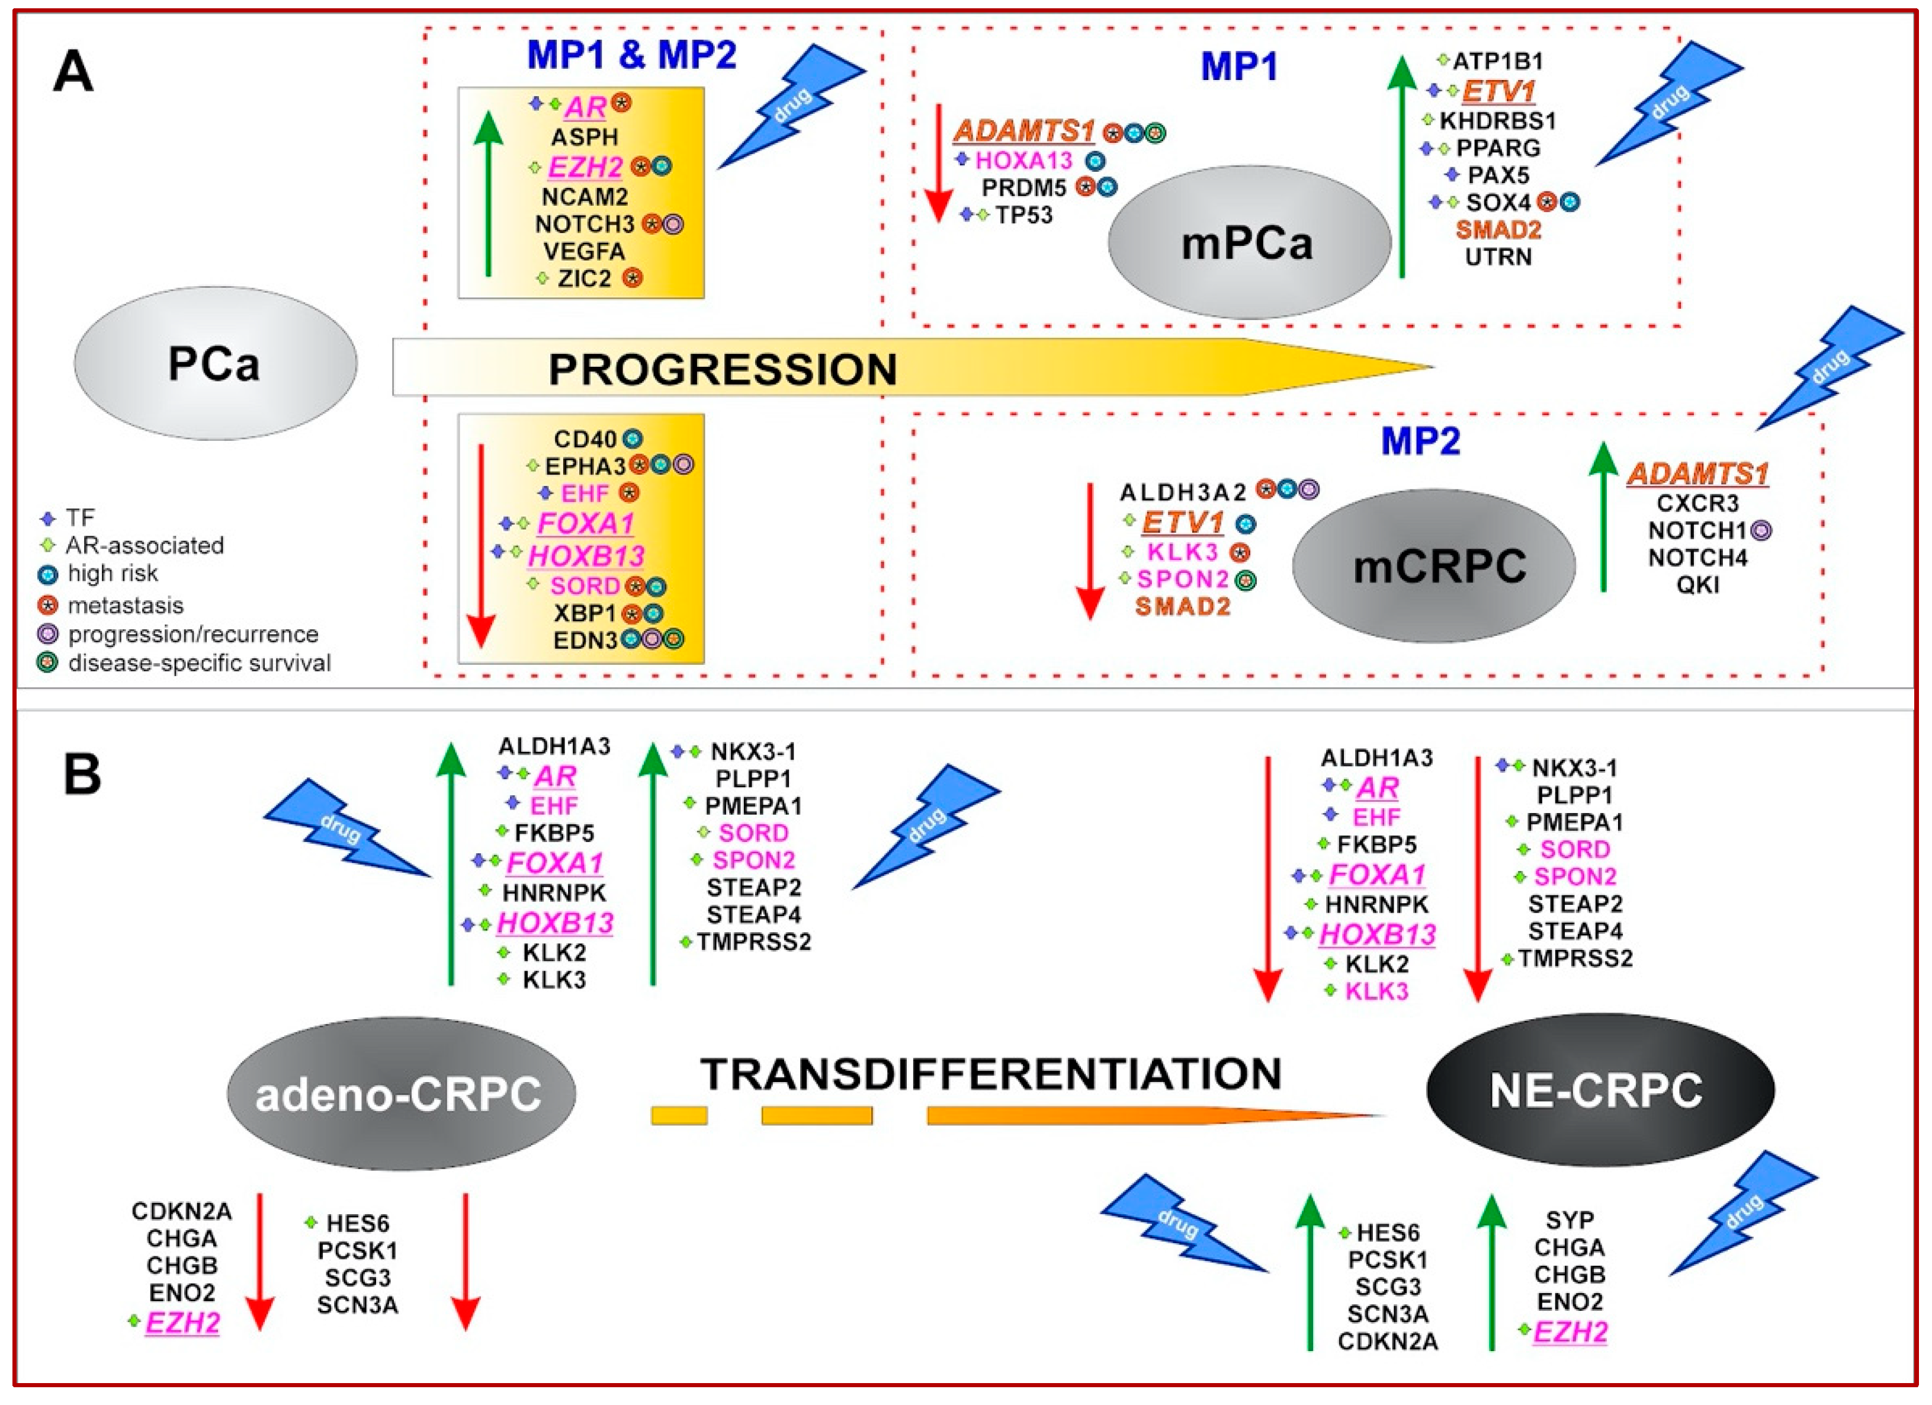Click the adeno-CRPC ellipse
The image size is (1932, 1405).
[400, 1093]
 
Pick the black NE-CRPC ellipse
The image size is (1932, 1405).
[1599, 1090]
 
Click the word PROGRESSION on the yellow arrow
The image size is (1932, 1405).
[723, 369]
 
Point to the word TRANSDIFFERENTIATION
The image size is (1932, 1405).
[991, 1074]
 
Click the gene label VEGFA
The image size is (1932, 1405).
[585, 251]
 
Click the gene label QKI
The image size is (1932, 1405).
[1697, 585]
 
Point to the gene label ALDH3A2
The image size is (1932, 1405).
[1182, 492]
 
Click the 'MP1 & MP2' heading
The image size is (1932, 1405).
[631, 55]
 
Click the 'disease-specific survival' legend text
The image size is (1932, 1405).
[200, 663]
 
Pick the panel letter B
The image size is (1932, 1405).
[83, 774]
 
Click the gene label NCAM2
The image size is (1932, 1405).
[585, 197]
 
